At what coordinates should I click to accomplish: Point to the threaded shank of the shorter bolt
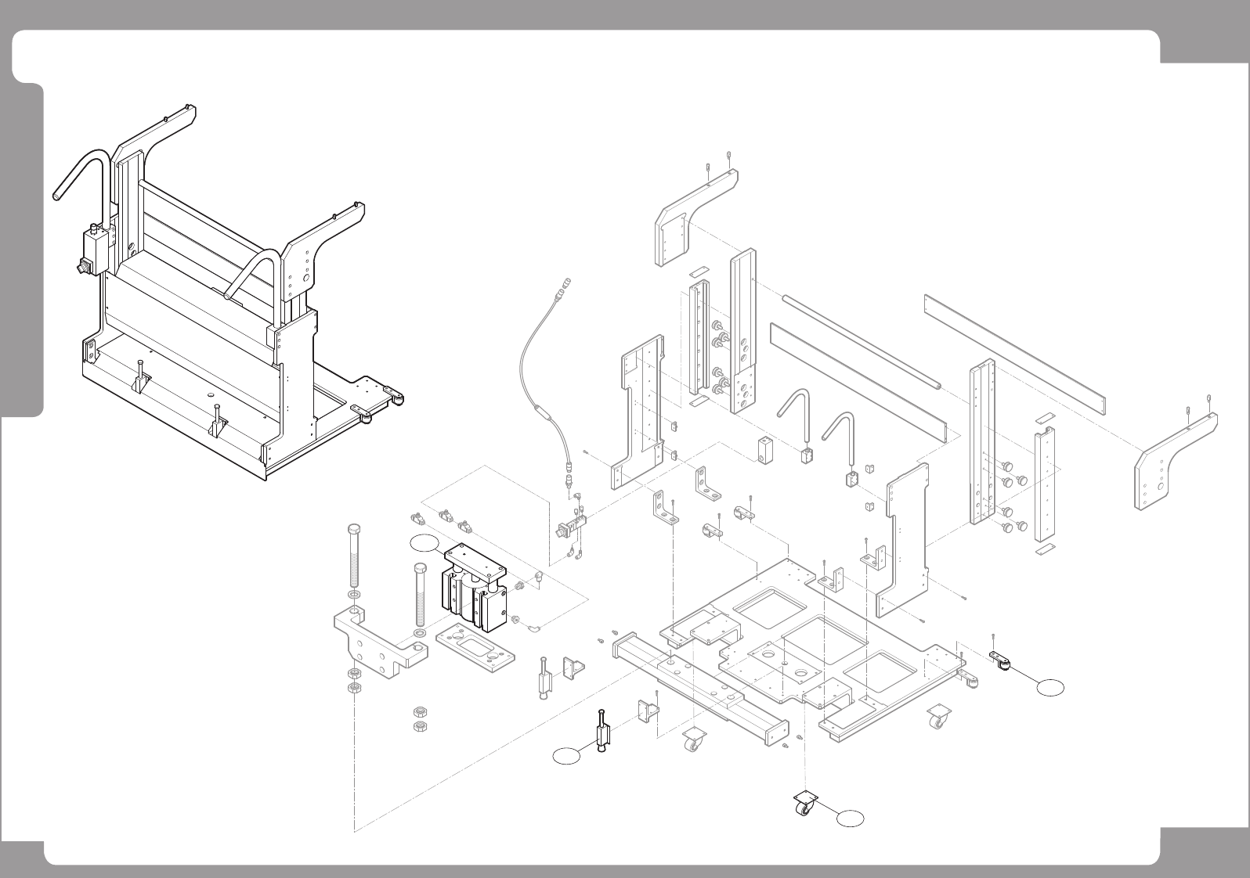[x=419, y=599]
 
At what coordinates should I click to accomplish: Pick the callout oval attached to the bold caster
[x=851, y=819]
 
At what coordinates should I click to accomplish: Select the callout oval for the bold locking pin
[x=569, y=755]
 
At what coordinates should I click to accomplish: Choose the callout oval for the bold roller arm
[x=1051, y=687]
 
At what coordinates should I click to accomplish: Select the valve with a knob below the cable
[x=569, y=527]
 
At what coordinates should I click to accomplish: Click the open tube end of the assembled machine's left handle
[x=57, y=193]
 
